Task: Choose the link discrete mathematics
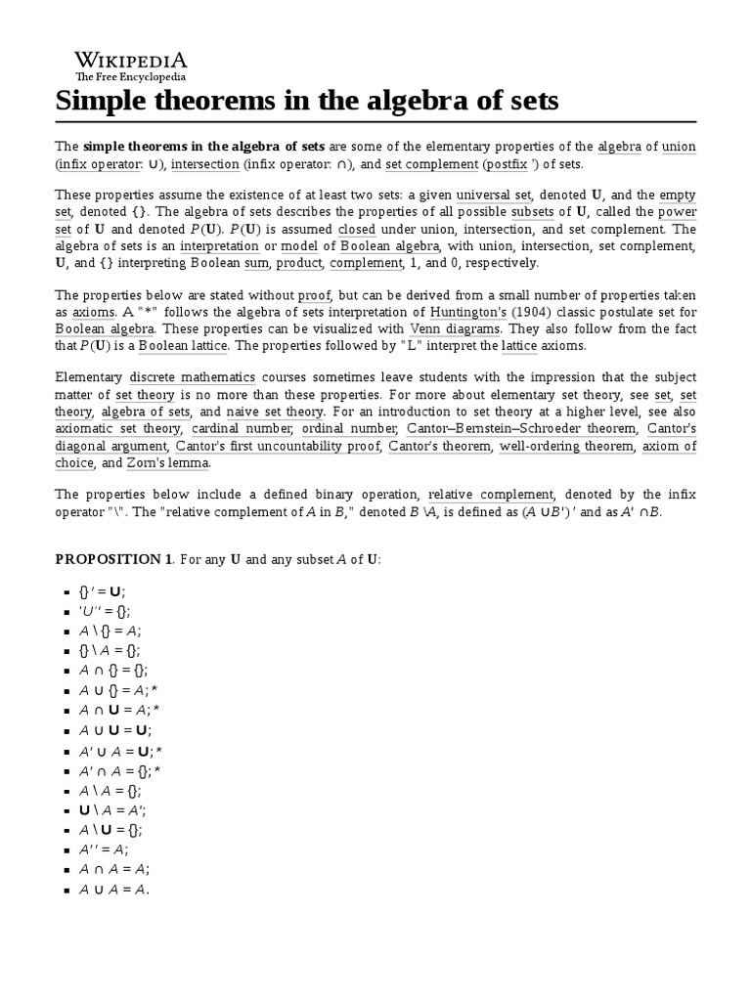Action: pyautogui.click(x=193, y=377)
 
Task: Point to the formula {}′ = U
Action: pyautogui.click(x=103, y=591)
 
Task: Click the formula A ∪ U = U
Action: pyautogui.click(x=115, y=730)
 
